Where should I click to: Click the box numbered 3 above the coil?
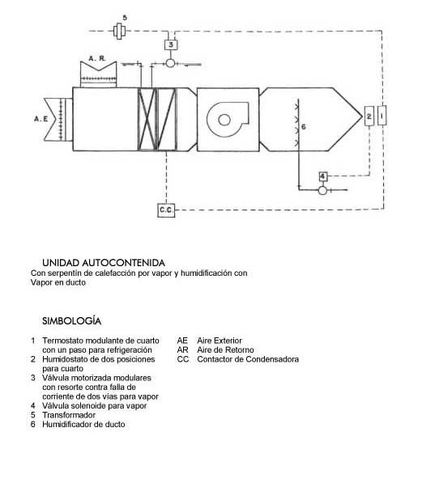170,44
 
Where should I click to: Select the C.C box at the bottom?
166,210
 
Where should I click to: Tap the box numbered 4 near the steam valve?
323,176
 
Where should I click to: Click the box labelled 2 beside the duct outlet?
369,116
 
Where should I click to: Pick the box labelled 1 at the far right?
382,115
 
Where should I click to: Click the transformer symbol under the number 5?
118,31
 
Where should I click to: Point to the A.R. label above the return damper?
97,58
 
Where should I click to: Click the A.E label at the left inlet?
41,119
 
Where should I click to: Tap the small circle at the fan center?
224,120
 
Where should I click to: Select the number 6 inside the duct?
304,126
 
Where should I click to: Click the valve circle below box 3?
170,63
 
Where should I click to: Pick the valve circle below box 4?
322,191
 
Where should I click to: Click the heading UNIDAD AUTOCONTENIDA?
104,263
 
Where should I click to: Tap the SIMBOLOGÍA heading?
71,320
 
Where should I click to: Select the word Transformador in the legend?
69,415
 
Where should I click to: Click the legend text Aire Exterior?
219,341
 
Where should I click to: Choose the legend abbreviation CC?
183,359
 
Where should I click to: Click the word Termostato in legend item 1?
62,341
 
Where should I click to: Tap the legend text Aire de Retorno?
226,350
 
